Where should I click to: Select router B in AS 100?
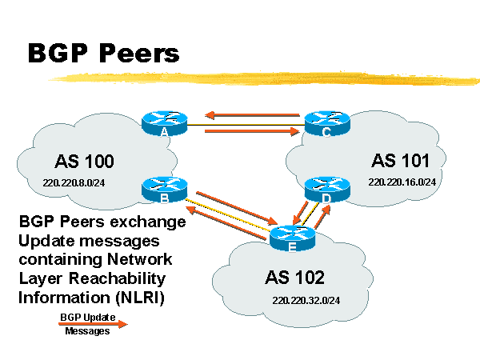click(x=163, y=190)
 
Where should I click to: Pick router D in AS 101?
click(x=326, y=190)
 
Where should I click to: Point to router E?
click(x=292, y=238)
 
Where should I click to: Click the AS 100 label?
click(x=84, y=162)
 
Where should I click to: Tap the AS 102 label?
click(x=294, y=278)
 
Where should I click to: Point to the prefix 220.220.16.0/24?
click(x=402, y=182)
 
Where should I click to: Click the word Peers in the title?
click(x=137, y=54)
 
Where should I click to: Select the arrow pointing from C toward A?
click(x=252, y=115)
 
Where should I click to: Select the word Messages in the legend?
click(x=87, y=331)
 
